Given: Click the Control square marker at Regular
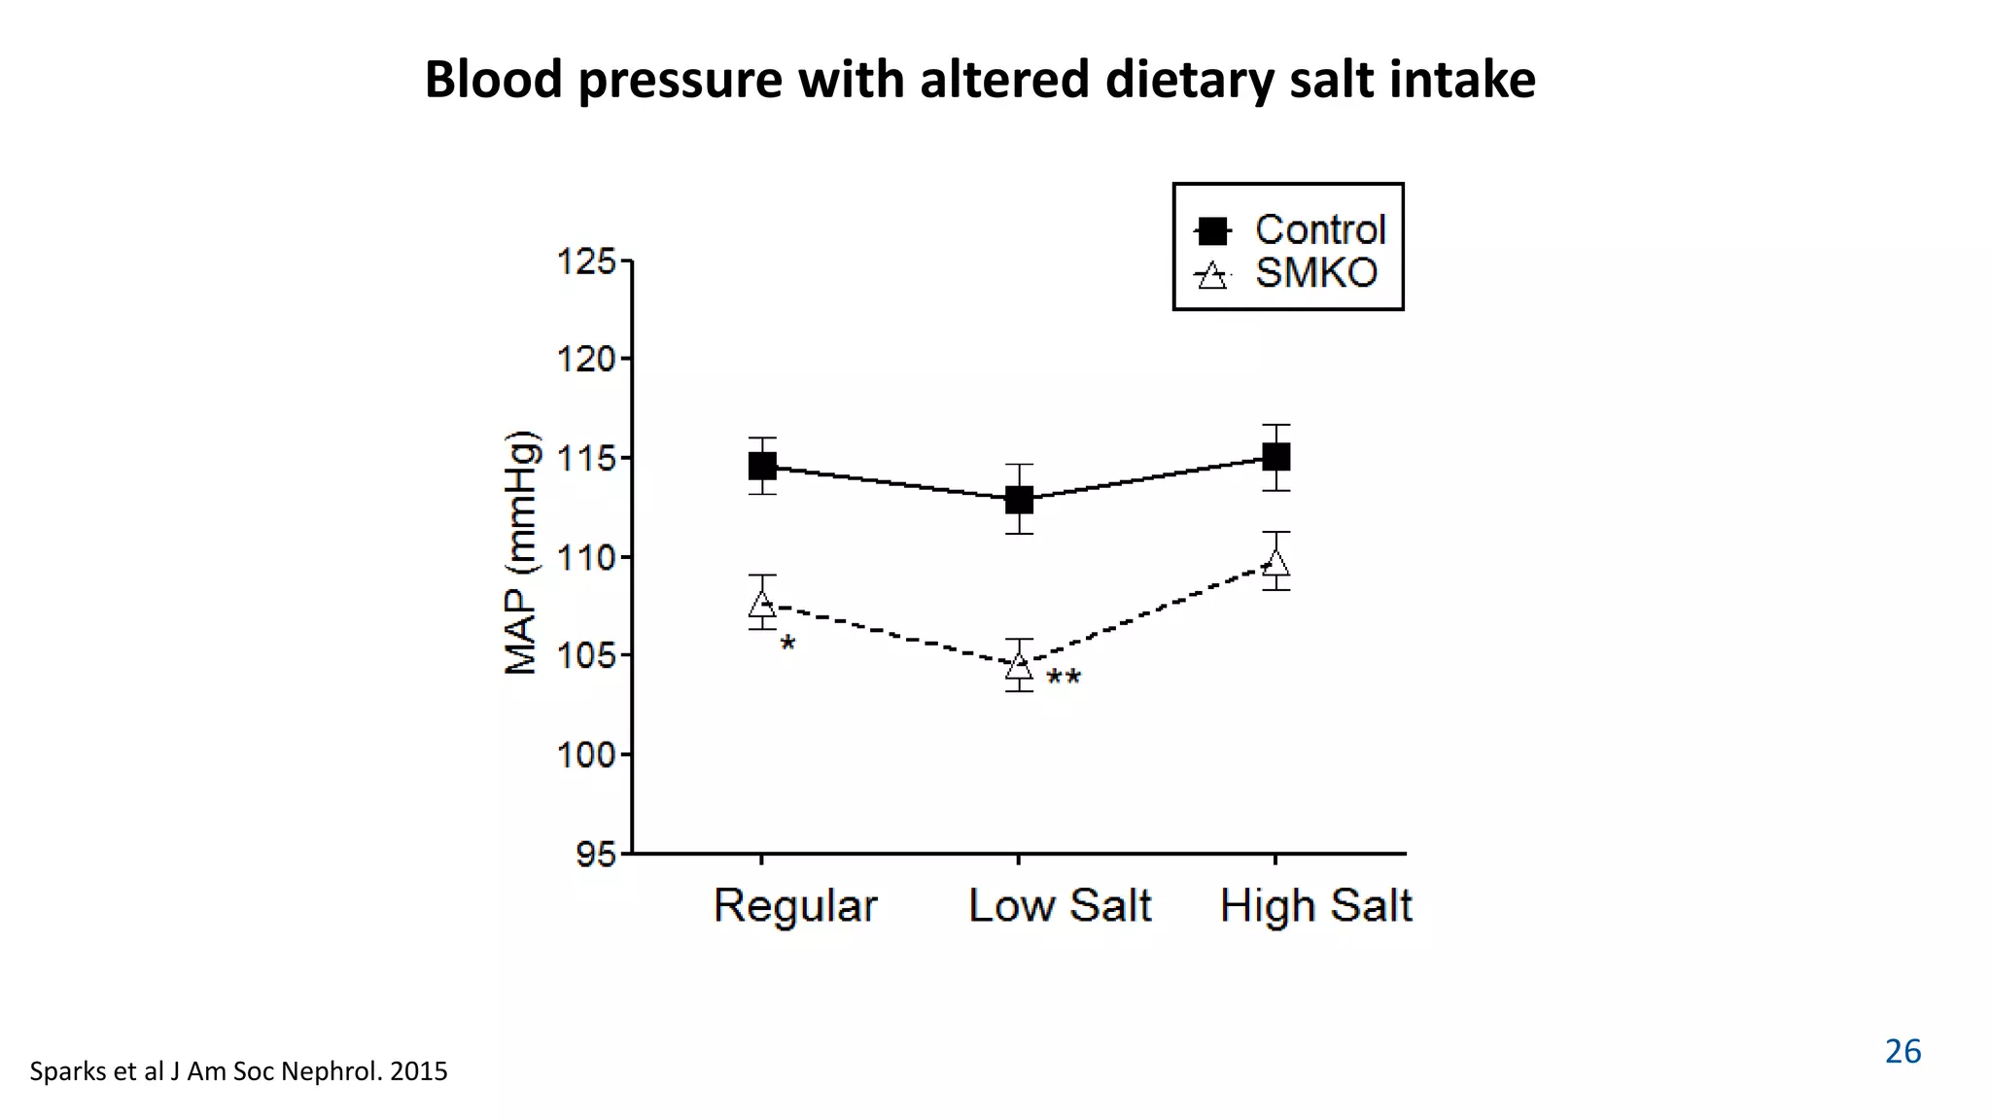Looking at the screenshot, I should click(762, 467).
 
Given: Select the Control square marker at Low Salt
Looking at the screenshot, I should click(1019, 500).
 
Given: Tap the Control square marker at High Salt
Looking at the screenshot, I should click(1275, 456).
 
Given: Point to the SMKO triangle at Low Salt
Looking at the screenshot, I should click(1019, 666).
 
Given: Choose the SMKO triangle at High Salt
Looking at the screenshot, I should click(1275, 563).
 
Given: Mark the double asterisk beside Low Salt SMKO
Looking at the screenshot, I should click(1064, 679).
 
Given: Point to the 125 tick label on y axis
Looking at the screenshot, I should click(586, 262).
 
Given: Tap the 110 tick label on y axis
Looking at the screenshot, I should click(586, 558).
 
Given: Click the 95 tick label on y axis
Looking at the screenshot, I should click(595, 855).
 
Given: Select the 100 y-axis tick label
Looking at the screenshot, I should click(586, 754).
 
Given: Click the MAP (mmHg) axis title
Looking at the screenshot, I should click(522, 552).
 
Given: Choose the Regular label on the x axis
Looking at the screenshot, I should click(795, 906).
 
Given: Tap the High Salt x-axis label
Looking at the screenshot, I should click(1315, 906).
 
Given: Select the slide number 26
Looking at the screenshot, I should click(1903, 1052).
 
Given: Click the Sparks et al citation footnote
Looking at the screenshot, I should click(238, 1071).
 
